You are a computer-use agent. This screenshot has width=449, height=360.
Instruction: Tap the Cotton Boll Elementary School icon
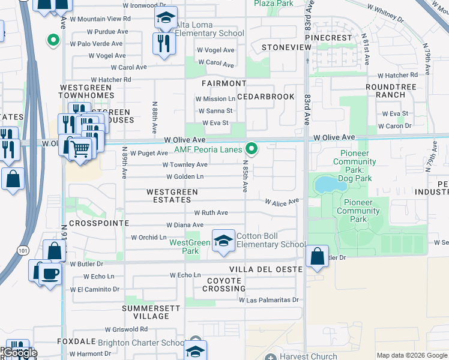[x=224, y=241]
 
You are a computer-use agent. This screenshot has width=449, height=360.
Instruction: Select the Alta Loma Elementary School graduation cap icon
[x=166, y=19]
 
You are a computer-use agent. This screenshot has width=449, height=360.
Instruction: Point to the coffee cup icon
[x=50, y=274]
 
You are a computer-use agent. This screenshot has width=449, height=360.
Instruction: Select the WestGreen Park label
[x=189, y=242]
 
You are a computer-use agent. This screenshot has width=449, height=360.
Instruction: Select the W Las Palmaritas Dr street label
[x=269, y=299]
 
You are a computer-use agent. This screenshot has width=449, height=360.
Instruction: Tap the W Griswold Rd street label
[x=126, y=329]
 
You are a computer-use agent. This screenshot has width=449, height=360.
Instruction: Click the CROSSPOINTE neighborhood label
[x=99, y=223]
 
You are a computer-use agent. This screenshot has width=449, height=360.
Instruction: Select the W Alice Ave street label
[x=282, y=203]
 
